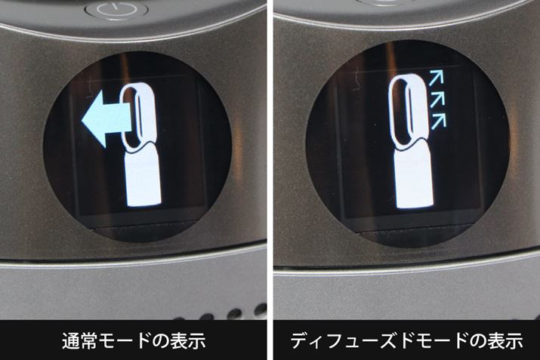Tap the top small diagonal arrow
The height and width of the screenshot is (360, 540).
point(436,78)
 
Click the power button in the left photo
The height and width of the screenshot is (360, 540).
point(116,10)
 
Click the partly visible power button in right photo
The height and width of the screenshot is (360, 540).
point(384,2)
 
